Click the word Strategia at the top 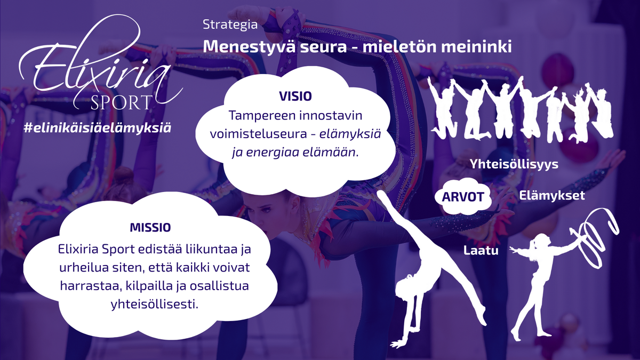click(230, 25)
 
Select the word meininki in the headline click(476, 46)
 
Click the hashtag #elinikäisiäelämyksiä click(98, 128)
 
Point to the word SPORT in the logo click(121, 103)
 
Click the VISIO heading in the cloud click(295, 97)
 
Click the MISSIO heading click(150, 227)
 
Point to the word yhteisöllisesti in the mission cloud click(154, 304)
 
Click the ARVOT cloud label click(463, 197)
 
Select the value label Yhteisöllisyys click(514, 164)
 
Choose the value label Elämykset click(551, 196)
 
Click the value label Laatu click(481, 251)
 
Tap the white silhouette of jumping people click(522, 110)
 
